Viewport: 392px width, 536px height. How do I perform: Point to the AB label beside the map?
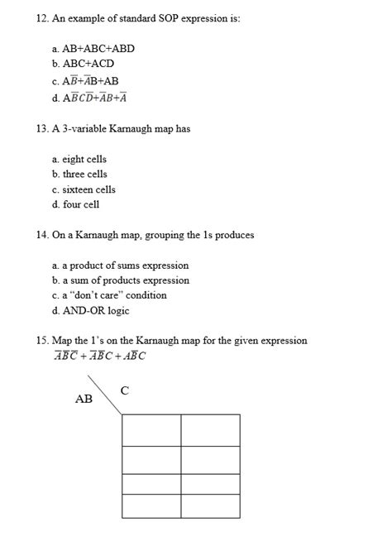(x=84, y=399)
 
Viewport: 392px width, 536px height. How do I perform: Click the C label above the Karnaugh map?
(x=124, y=390)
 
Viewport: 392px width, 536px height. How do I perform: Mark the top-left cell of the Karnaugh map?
(x=151, y=429)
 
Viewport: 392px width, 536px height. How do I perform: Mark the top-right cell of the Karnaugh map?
(x=210, y=429)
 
